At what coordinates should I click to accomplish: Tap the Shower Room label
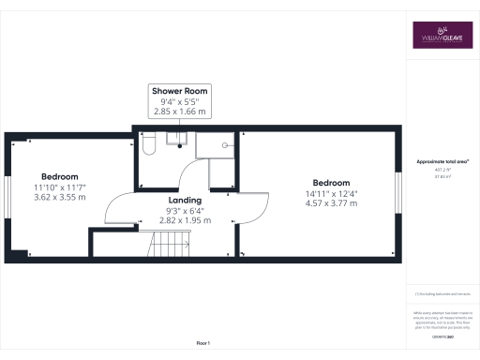pyautogui.click(x=180, y=91)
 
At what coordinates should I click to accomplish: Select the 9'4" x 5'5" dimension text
pyautogui.click(x=180, y=101)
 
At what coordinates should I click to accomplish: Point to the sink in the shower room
pyautogui.click(x=176, y=140)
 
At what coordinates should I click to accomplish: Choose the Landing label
pyautogui.click(x=185, y=200)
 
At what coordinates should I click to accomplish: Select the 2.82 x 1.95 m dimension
pyautogui.click(x=184, y=220)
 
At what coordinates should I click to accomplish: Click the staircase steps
pyautogui.click(x=172, y=247)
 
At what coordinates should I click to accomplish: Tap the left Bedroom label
pyautogui.click(x=59, y=176)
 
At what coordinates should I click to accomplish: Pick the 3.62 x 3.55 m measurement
pyautogui.click(x=59, y=198)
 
